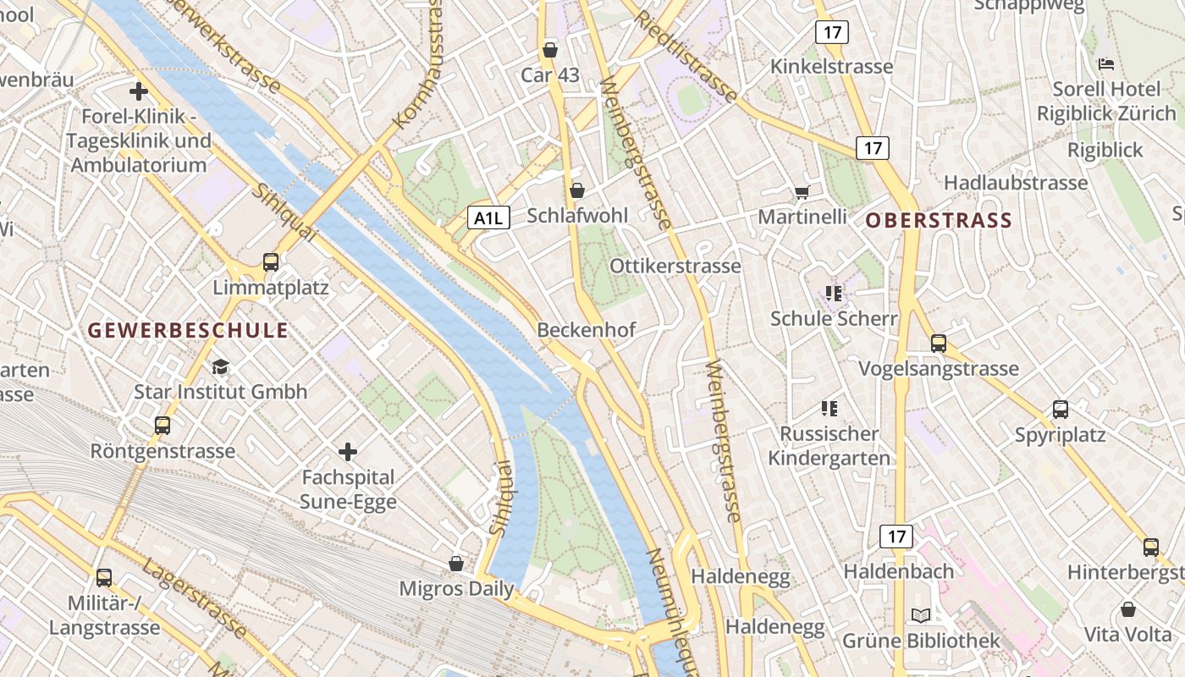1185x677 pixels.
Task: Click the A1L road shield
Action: coord(488,218)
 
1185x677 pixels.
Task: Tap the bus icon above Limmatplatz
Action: coord(271,262)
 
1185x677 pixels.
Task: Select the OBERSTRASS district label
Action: coord(939,221)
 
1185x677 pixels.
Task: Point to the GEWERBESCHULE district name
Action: coord(188,330)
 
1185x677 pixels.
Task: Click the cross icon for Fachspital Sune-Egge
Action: coord(347,452)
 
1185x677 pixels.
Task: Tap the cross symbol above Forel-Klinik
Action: coord(139,91)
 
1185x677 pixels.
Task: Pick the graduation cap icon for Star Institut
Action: coord(221,366)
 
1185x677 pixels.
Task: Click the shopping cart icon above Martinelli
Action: coord(802,192)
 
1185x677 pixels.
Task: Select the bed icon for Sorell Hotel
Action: coord(1105,64)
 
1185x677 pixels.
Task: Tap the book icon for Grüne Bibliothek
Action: coord(921,615)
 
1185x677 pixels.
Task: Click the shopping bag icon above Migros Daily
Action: coord(456,563)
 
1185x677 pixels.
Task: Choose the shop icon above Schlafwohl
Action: coord(577,190)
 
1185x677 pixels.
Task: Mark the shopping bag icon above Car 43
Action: coord(550,50)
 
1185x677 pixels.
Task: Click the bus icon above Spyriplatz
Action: coord(1061,410)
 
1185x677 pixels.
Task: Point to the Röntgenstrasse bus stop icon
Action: coord(163,426)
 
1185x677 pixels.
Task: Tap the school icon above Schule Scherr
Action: coord(834,294)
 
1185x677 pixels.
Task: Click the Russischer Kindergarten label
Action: coord(829,446)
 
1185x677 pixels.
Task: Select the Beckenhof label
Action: coord(586,330)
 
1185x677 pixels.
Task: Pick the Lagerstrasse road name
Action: coord(195,598)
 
